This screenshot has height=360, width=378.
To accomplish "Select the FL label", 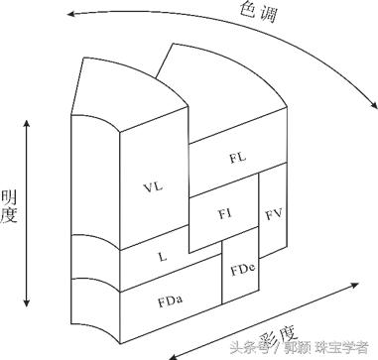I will [x=236, y=158].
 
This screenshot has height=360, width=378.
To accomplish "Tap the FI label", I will [x=224, y=212].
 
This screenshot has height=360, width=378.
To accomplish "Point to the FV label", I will [x=274, y=213].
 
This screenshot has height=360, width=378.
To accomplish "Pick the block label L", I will [x=162, y=256].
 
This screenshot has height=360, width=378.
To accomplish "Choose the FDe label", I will [x=242, y=269].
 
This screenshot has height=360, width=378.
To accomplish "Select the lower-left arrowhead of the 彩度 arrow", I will [x=170, y=354].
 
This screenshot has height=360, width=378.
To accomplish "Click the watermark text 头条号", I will [x=245, y=348].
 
